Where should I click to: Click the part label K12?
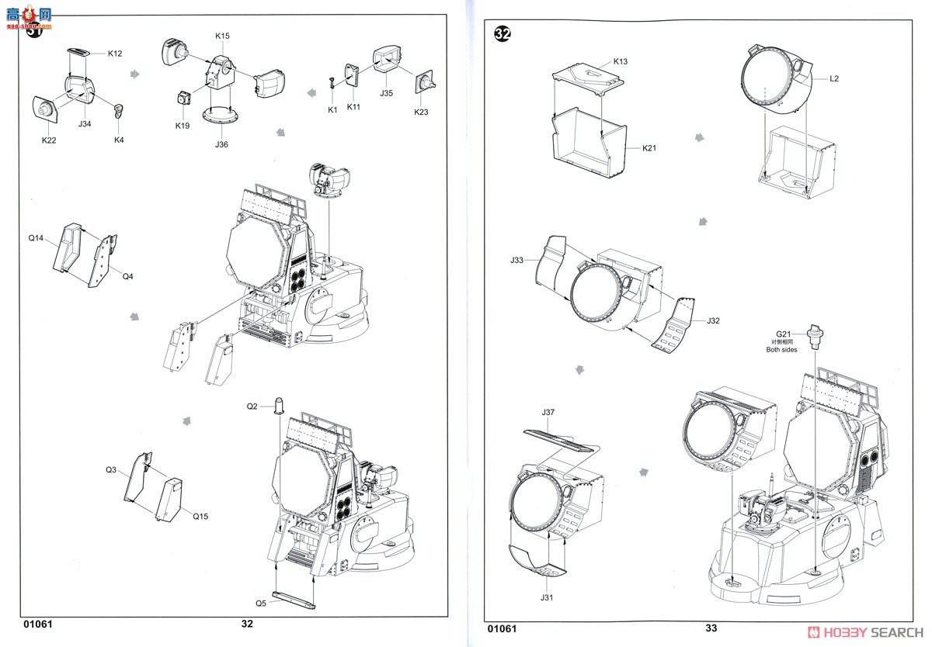pyautogui.click(x=115, y=54)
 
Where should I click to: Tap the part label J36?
pyautogui.click(x=221, y=144)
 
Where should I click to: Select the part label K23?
pyautogui.click(x=420, y=112)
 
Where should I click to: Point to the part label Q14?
pyautogui.click(x=36, y=238)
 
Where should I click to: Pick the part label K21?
pyautogui.click(x=649, y=147)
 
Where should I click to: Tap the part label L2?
pyautogui.click(x=834, y=78)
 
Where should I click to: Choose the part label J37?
pyautogui.click(x=549, y=412)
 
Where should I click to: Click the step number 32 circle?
pyautogui.click(x=503, y=34)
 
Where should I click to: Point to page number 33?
pyautogui.click(x=711, y=628)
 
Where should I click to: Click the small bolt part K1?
pyautogui.click(x=332, y=80)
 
